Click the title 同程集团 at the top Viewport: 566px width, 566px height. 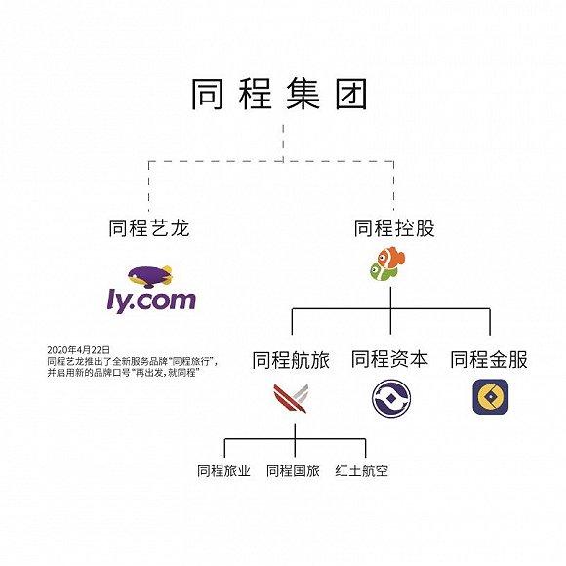click(279, 94)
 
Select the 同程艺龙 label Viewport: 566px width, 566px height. click(149, 228)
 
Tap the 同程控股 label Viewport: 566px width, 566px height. click(394, 228)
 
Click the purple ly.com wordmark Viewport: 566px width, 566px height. click(151, 301)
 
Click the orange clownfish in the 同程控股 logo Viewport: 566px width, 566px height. click(391, 258)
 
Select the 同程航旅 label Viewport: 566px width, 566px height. click(291, 360)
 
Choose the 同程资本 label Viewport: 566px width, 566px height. click(389, 359)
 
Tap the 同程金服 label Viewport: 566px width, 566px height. click(489, 359)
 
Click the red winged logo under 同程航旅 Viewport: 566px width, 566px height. click(291, 398)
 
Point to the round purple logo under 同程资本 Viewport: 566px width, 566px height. click(391, 398)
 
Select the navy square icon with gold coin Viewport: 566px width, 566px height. click(491, 397)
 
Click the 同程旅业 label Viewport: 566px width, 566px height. click(223, 470)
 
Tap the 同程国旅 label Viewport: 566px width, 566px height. click(293, 470)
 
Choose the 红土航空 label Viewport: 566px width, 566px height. click(362, 470)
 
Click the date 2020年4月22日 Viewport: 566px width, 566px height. click(79, 349)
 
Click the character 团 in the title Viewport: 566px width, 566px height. click(351, 94)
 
